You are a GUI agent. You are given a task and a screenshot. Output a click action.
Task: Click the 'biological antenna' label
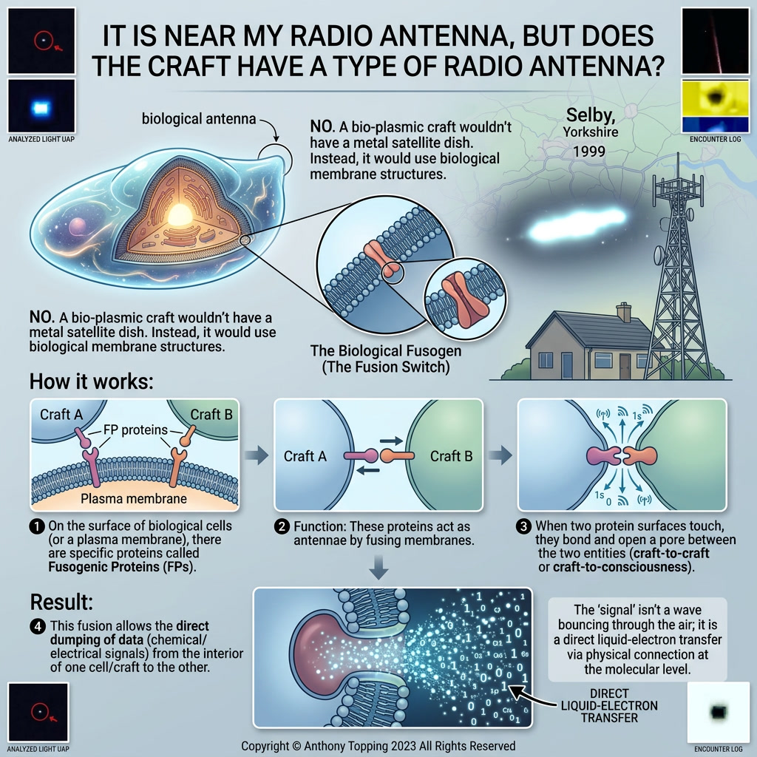coord(198,119)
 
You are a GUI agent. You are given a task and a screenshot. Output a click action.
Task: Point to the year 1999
coord(589,151)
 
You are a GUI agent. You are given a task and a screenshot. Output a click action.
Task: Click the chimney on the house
coord(624,312)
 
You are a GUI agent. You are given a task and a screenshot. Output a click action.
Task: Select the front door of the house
coord(625,366)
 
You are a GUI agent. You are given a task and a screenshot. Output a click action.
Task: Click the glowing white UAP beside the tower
coord(577,224)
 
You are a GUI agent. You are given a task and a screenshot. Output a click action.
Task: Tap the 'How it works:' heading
coord(91,381)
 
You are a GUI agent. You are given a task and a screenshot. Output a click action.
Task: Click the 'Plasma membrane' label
coord(134,499)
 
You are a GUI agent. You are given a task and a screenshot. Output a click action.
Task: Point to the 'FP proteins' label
coord(136,430)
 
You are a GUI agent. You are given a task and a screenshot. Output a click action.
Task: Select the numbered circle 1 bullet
coord(37,526)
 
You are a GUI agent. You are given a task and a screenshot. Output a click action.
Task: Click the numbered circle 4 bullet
coord(38,627)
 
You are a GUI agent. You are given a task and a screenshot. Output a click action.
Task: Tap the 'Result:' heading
coord(61,602)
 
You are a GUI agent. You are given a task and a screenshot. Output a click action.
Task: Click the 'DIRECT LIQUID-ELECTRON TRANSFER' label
coord(609,706)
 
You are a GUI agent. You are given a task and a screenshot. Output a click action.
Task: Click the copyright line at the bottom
coord(378,746)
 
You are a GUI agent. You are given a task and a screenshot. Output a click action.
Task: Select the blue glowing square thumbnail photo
coord(41,106)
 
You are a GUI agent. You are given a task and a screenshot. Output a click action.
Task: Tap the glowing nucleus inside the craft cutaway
coord(180,215)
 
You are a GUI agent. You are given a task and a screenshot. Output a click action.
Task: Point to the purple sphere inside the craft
coord(77,227)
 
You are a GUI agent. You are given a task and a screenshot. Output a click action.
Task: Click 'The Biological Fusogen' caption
coord(385,351)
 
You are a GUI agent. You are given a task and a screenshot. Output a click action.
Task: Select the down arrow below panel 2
coord(379,567)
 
